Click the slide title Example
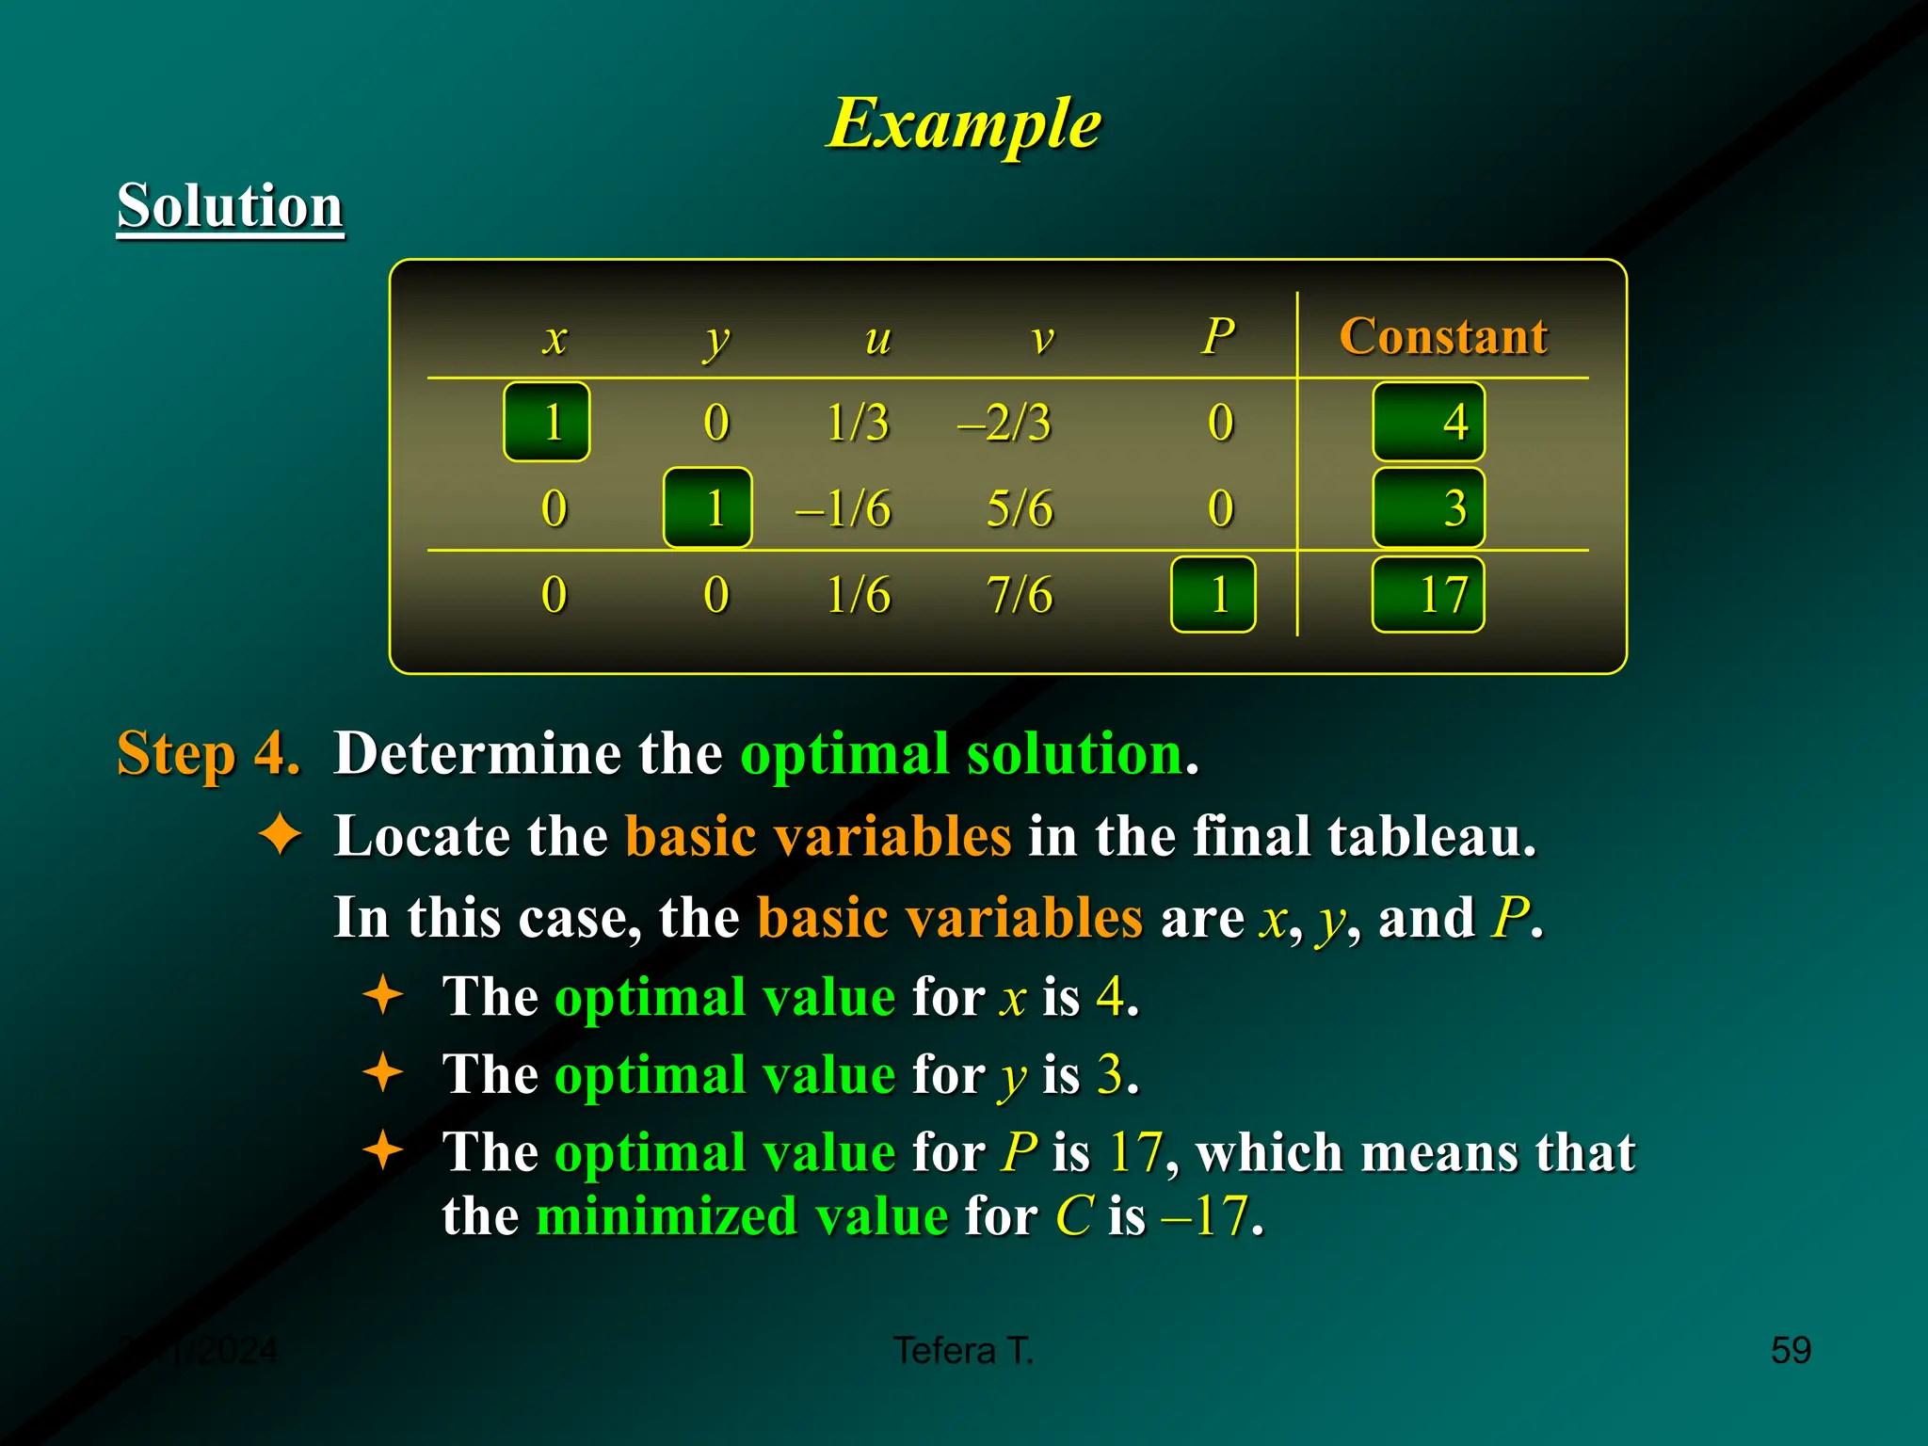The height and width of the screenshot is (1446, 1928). pyautogui.click(x=964, y=123)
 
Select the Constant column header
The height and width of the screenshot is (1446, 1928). pyautogui.click(x=1442, y=336)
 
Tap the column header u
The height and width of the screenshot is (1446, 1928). pyautogui.click(x=877, y=337)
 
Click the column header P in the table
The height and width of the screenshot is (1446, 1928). pyautogui.click(x=1218, y=336)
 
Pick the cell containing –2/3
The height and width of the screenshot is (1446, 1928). pyautogui.click(x=1004, y=422)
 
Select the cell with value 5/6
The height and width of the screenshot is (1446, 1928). pyautogui.click(x=1020, y=508)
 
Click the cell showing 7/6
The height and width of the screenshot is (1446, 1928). pyautogui.click(x=1020, y=595)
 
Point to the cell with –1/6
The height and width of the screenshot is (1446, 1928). pyautogui.click(x=843, y=508)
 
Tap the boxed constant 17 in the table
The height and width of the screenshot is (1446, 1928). pyautogui.click(x=1429, y=595)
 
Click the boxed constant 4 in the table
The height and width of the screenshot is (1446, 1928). pyautogui.click(x=1429, y=422)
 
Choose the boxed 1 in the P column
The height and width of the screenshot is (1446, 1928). pyautogui.click(x=1213, y=595)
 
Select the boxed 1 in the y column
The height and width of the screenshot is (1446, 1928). pyautogui.click(x=708, y=508)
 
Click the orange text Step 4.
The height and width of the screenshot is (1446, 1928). pyautogui.click(x=208, y=753)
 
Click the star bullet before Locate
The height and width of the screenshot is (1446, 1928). pyautogui.click(x=281, y=834)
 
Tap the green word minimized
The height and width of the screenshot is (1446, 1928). pyautogui.click(x=666, y=1215)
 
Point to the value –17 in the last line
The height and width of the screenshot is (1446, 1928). pyautogui.click(x=1206, y=1215)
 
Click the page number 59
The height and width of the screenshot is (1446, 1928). pyautogui.click(x=1790, y=1350)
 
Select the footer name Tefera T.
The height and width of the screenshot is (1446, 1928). pyautogui.click(x=963, y=1350)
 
